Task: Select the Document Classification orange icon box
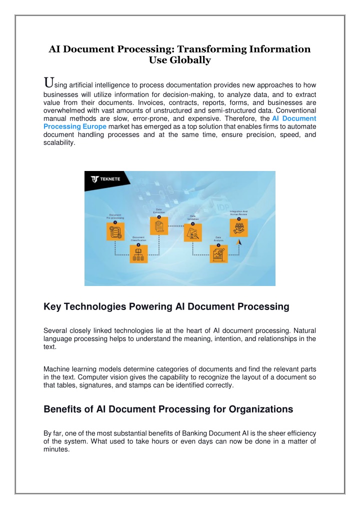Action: pos(138,254)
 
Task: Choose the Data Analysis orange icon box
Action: pos(219,254)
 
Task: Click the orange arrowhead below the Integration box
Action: pos(239,242)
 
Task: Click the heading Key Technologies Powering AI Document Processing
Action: pos(166,307)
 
